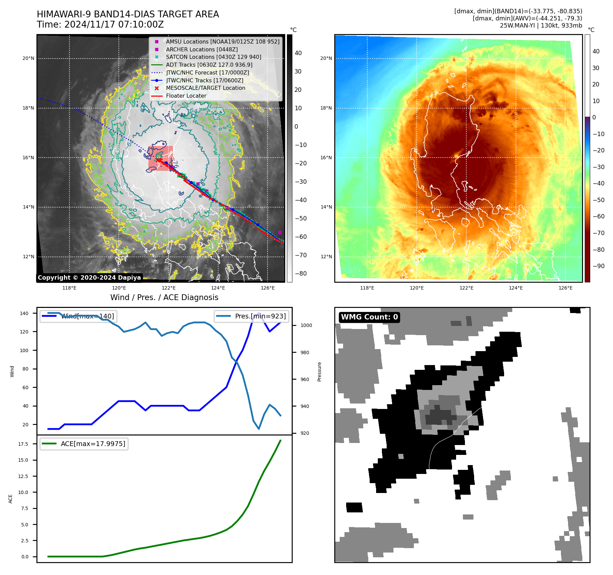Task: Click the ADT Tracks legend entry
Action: (x=209, y=65)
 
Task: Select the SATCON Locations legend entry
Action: (x=213, y=57)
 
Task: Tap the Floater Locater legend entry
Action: (x=186, y=96)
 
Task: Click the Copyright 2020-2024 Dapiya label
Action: (x=89, y=278)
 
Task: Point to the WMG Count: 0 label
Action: (x=369, y=317)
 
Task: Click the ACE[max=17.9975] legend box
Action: (x=84, y=444)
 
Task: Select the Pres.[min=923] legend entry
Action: (x=252, y=316)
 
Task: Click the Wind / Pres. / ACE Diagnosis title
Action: (x=164, y=297)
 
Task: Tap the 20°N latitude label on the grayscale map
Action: (x=28, y=58)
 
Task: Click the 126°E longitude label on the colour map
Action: (x=565, y=288)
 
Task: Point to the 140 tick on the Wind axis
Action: (x=24, y=313)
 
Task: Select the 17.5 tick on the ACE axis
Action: (x=23, y=444)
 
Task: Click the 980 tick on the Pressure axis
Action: (x=305, y=352)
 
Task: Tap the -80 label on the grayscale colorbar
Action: (x=301, y=274)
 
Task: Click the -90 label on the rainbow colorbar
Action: (x=598, y=266)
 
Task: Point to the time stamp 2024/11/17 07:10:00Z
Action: (x=114, y=24)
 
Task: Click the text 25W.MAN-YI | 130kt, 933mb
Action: (x=541, y=26)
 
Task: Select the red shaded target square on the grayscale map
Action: (x=160, y=158)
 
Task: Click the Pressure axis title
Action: (x=319, y=372)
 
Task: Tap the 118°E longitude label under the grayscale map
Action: (x=69, y=288)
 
